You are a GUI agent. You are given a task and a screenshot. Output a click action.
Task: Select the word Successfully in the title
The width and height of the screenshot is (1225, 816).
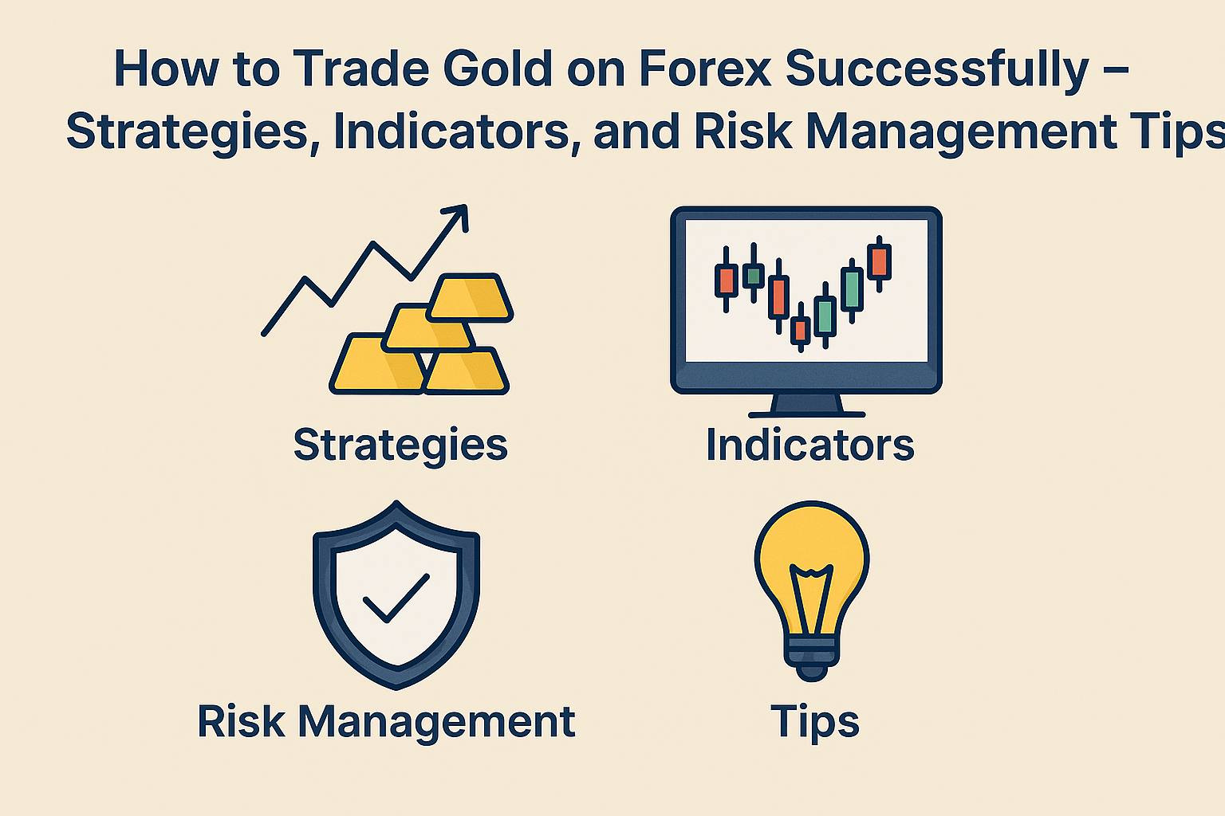[936, 70]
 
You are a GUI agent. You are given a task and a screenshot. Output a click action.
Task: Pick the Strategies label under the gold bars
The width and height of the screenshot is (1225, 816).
[400, 445]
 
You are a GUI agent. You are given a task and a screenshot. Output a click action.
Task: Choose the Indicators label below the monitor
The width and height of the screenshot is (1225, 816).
[809, 445]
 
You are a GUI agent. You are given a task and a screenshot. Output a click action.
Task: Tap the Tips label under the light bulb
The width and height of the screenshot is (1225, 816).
[814, 722]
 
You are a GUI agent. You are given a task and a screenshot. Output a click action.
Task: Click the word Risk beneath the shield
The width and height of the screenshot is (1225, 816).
[241, 721]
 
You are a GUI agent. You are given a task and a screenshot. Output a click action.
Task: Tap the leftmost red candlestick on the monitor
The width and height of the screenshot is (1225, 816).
[726, 280]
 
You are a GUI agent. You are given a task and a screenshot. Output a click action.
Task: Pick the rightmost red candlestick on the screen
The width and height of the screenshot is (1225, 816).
[879, 261]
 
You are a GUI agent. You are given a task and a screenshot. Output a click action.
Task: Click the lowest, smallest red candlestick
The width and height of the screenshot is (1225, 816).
[800, 330]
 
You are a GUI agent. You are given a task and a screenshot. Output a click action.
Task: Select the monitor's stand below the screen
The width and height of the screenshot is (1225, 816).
[806, 405]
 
